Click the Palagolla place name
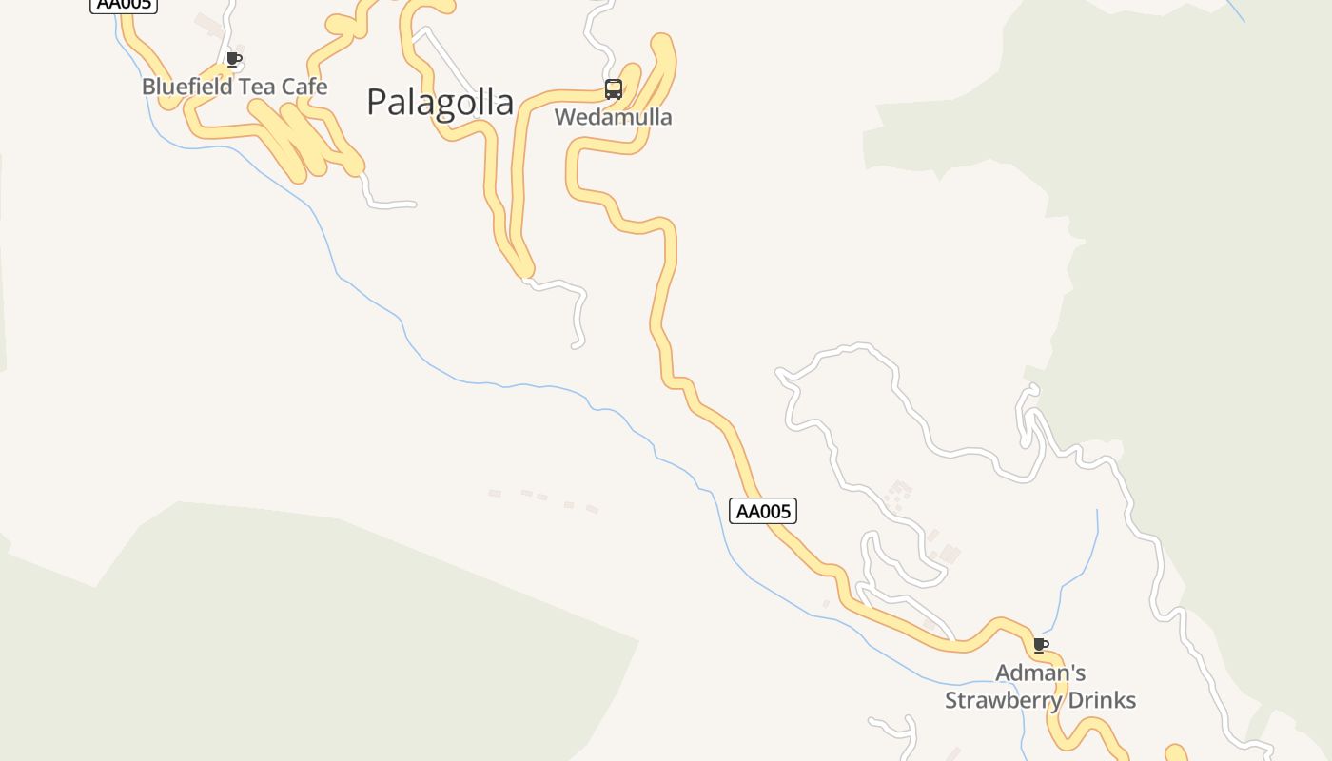(440, 103)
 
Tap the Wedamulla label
(613, 118)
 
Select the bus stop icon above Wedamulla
(614, 90)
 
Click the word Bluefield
(183, 87)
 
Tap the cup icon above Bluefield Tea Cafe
(234, 60)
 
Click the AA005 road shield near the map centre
(763, 511)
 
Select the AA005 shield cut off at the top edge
(124, 5)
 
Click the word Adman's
(1040, 673)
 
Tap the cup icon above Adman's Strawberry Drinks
(1041, 646)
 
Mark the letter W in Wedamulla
(564, 118)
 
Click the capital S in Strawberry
(950, 700)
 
